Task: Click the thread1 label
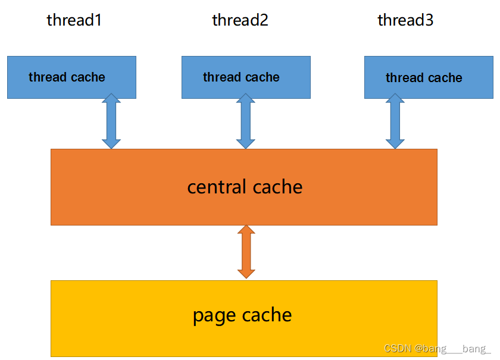[74, 20]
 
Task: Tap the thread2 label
[240, 20]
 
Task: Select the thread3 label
[405, 20]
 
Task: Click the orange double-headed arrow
[246, 252]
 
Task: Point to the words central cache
[245, 187]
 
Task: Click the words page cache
[242, 315]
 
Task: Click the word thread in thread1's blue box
[48, 77]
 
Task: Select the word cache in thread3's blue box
[444, 78]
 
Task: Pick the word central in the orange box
[215, 187]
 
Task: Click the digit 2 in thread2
[262, 20]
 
